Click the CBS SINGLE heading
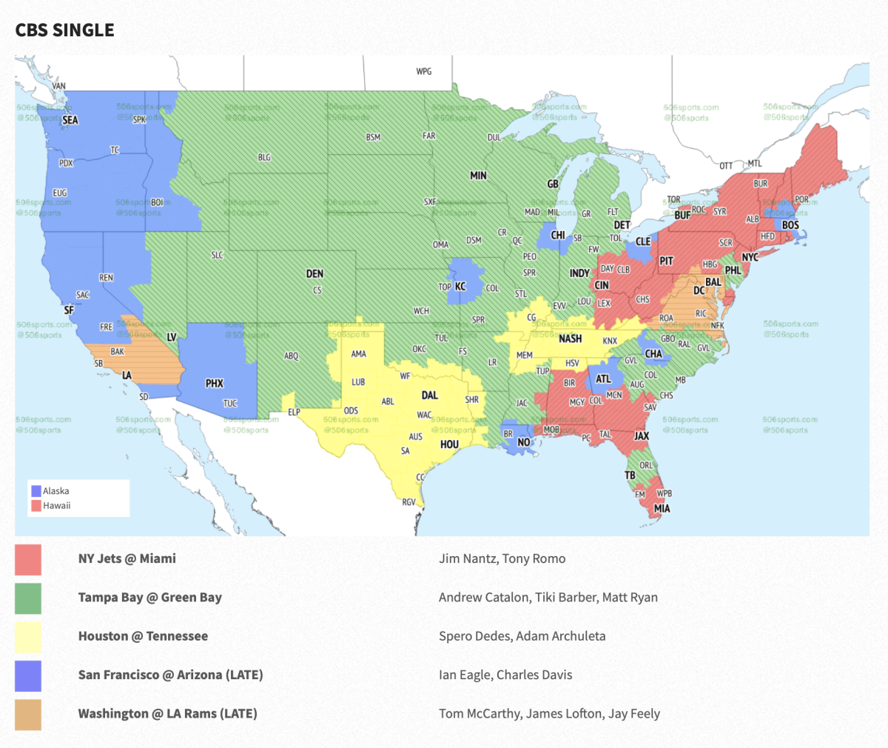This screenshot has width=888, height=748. [x=65, y=30]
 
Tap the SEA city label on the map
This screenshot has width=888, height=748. [x=70, y=120]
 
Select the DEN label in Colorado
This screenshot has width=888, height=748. [x=314, y=274]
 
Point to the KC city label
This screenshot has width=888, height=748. [x=460, y=287]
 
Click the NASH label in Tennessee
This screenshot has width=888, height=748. [x=570, y=338]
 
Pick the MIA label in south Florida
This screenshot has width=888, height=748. [x=662, y=509]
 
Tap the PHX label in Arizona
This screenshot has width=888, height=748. [x=215, y=384]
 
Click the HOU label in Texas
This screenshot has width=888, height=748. [x=449, y=444]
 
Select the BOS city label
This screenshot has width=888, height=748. [x=790, y=225]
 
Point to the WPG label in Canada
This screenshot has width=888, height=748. [x=423, y=72]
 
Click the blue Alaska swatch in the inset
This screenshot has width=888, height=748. [x=36, y=491]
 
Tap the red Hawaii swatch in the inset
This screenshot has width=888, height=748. [x=36, y=506]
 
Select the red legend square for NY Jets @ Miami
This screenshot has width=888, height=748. [x=28, y=559]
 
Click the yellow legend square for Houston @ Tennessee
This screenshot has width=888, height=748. [x=28, y=637]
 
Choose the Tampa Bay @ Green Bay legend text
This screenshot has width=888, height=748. [x=150, y=598]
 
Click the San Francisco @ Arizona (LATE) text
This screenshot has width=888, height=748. [x=170, y=675]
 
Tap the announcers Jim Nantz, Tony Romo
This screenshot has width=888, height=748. [x=502, y=559]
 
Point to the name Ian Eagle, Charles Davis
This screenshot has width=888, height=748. [x=505, y=675]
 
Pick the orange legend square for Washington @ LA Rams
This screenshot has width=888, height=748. [x=28, y=714]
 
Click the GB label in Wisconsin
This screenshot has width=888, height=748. [x=553, y=184]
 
